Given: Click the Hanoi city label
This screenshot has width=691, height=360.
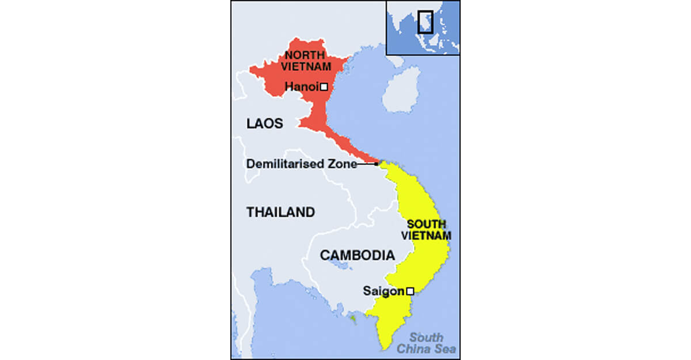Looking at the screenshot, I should [302, 87].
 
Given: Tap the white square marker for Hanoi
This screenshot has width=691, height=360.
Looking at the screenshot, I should [324, 87].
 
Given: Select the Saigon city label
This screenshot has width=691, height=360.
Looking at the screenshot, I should [384, 291].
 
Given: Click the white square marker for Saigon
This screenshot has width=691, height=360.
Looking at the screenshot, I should [410, 291].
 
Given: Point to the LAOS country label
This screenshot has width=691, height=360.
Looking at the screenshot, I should [264, 123].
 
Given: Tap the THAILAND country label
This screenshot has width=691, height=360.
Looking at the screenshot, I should [281, 212].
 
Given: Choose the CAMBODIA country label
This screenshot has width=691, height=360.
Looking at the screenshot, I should [358, 255].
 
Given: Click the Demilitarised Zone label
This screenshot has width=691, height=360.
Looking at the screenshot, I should [302, 164].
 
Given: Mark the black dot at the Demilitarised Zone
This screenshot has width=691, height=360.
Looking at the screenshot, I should [376, 164].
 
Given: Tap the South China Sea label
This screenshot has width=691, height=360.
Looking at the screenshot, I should [426, 343].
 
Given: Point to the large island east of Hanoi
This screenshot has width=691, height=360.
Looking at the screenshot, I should [401, 89].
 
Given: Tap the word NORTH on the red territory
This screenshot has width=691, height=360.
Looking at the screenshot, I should [302, 56].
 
